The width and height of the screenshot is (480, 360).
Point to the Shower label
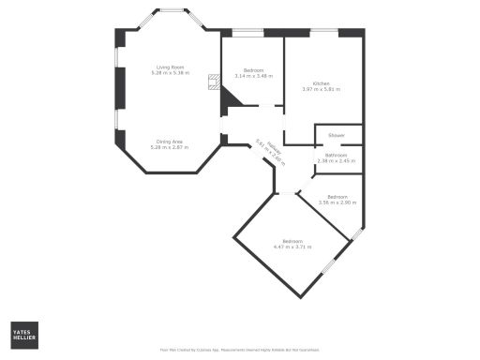click(x=337, y=135)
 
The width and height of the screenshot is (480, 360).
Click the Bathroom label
click(x=337, y=155)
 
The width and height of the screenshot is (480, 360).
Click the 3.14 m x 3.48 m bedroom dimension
click(x=253, y=76)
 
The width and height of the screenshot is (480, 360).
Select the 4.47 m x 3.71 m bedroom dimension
click(x=292, y=247)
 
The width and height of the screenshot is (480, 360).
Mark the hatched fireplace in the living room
click(x=214, y=81)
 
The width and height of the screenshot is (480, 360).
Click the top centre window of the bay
click(x=171, y=11)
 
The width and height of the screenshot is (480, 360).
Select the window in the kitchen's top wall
click(x=324, y=32)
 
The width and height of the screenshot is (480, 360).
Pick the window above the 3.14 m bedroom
click(x=247, y=32)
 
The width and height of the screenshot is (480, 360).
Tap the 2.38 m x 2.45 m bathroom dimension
click(x=337, y=160)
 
